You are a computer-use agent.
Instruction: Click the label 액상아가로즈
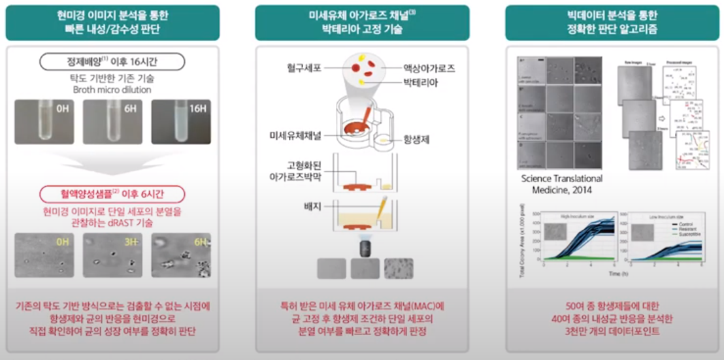pyautogui.click(x=429, y=68)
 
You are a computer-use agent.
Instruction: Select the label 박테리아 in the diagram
pyautogui.click(x=420, y=83)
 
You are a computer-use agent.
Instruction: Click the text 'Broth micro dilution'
pyautogui.click(x=112, y=90)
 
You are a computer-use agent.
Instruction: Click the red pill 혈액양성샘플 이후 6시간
pyautogui.click(x=112, y=193)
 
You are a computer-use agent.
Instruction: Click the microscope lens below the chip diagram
pyautogui.click(x=361, y=248)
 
